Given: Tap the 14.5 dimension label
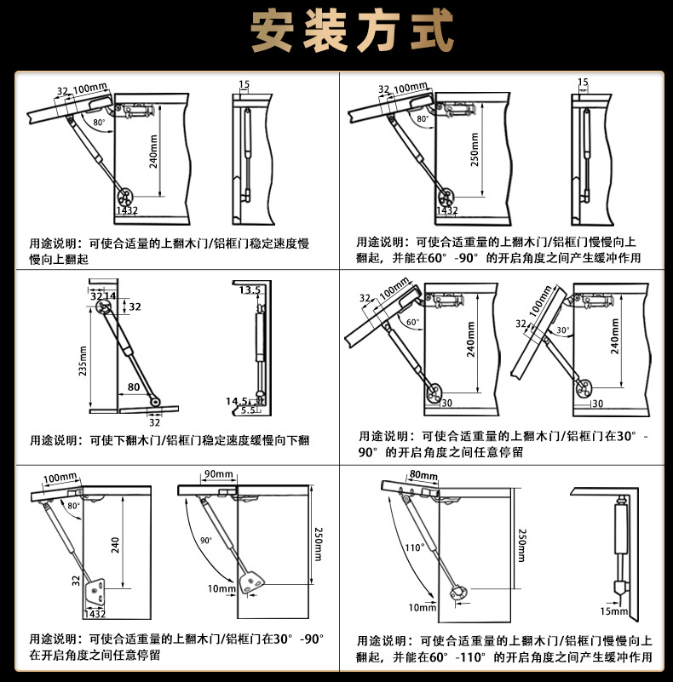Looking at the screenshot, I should pyautogui.click(x=239, y=401).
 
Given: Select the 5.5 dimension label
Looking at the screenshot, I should pyautogui.click(x=247, y=410).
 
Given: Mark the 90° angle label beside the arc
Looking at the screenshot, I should pyautogui.click(x=205, y=541).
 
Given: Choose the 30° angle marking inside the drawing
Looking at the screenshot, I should pyautogui.click(x=563, y=330).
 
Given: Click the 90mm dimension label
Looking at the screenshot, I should pyautogui.click(x=218, y=473).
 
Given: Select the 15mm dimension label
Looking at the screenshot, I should pyautogui.click(x=613, y=611).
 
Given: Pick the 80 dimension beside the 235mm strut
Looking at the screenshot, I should pyautogui.click(x=135, y=387).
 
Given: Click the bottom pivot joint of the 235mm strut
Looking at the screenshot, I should pyautogui.click(x=153, y=401).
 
